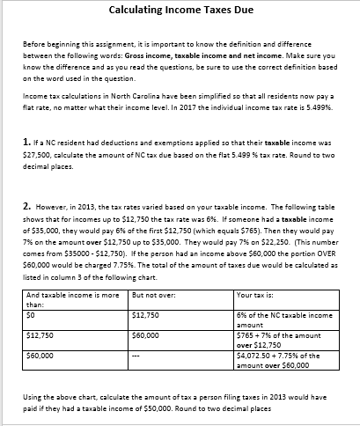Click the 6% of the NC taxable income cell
point(283,318)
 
